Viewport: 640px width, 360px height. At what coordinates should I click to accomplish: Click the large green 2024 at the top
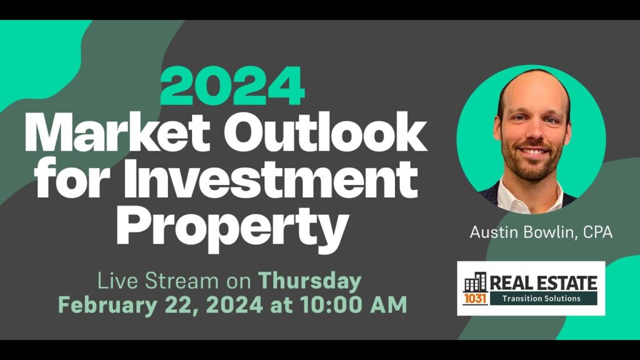point(232,87)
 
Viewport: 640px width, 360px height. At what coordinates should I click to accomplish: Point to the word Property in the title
point(232,226)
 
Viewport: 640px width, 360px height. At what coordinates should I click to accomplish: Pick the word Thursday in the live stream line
point(310,281)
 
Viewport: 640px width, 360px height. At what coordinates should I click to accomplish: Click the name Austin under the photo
point(494,232)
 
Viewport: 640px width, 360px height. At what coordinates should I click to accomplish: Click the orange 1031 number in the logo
point(475,299)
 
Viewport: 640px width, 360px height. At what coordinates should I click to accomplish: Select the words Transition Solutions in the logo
point(541,299)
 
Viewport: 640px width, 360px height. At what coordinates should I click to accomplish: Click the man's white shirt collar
point(531,195)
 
